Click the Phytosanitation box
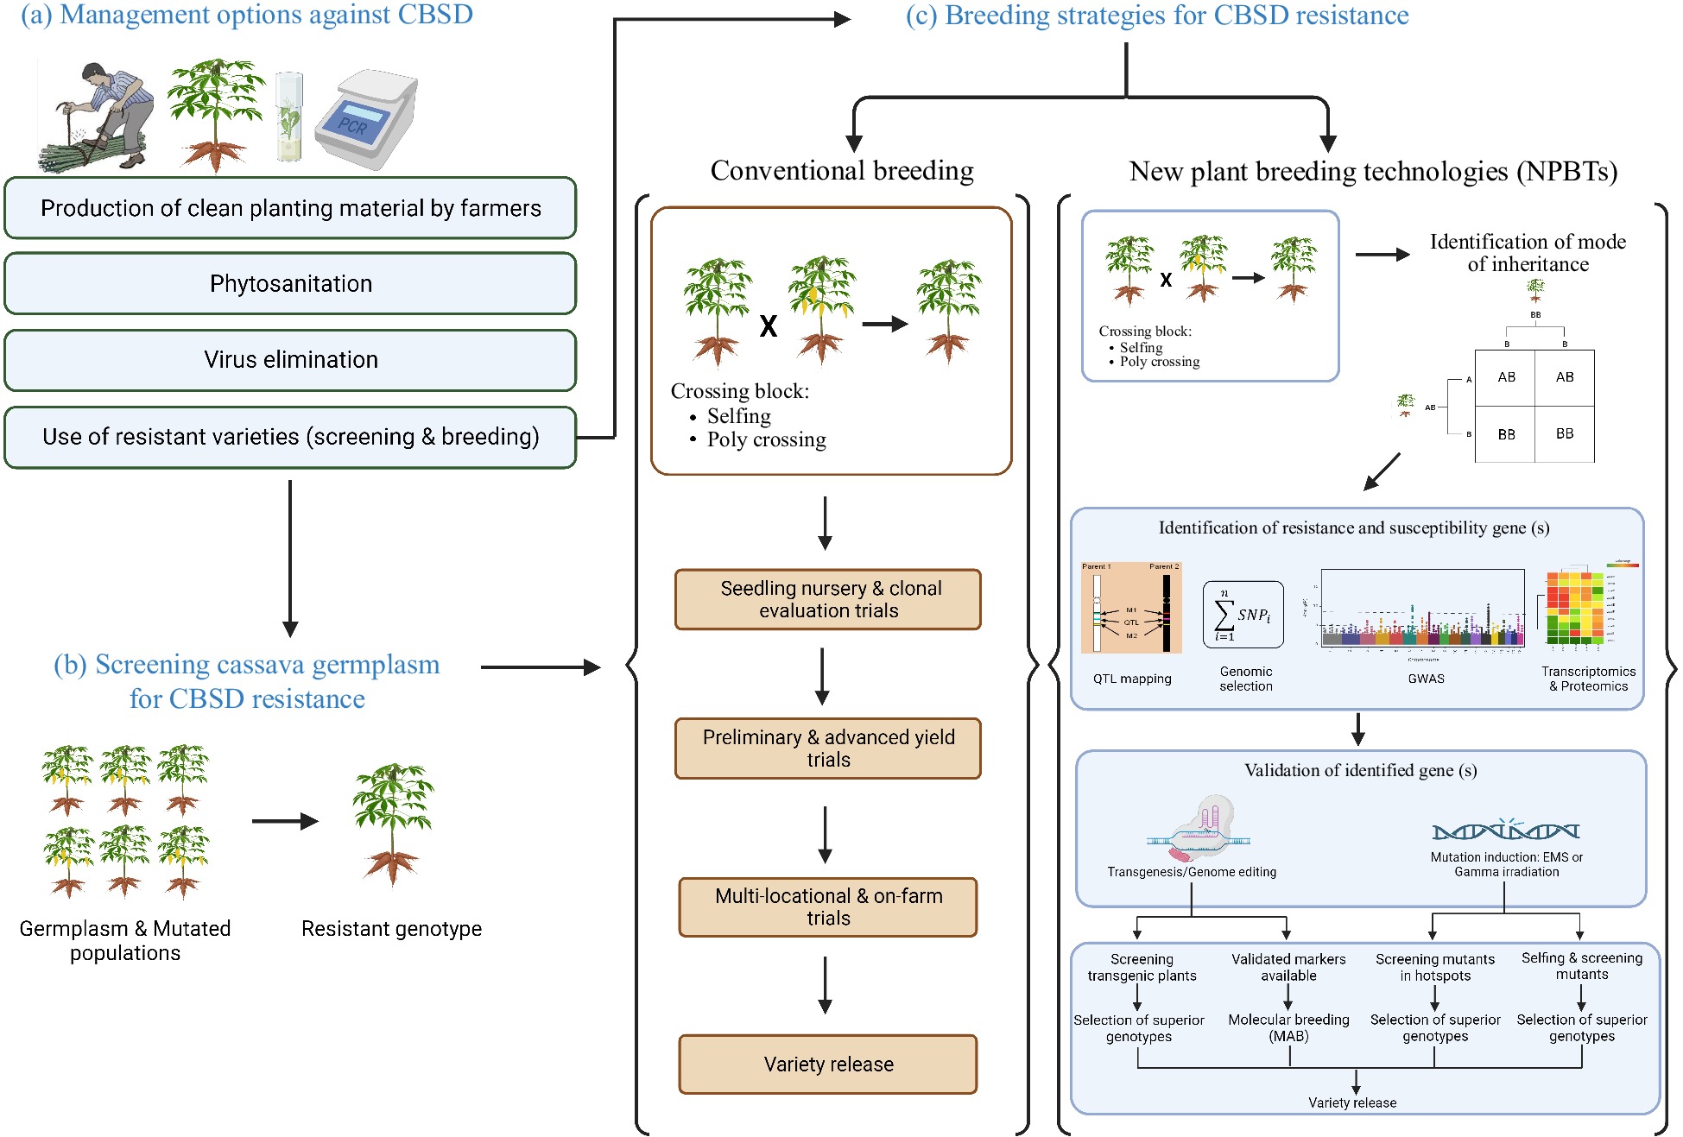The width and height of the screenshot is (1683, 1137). coord(290,283)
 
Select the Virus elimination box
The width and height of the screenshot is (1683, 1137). coord(290,359)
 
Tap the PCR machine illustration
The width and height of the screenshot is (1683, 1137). coord(366,119)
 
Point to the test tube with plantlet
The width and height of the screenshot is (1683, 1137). coord(289,117)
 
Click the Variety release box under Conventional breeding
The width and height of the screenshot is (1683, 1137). coord(827,1064)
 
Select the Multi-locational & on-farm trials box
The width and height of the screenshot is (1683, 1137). coord(827,906)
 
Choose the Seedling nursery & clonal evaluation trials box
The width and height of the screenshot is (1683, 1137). coord(827,599)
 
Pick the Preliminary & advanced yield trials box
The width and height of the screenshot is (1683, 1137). coord(827,748)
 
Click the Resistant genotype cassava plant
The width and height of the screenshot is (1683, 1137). coord(393,824)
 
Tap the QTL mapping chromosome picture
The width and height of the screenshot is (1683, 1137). coord(1131,608)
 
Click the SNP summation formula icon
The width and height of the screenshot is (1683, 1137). coord(1243,615)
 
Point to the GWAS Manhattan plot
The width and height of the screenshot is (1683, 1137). coord(1422,609)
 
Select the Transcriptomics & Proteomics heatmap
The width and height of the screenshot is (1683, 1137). coord(1576,608)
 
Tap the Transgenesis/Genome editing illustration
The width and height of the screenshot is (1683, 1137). coord(1200,829)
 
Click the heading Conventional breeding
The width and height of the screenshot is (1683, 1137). coord(841,170)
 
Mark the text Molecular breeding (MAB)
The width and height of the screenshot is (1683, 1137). coord(1288,1027)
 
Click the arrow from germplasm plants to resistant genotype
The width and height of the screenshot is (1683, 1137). coord(285,821)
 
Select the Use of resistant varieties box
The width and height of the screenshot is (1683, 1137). coord(290,437)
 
